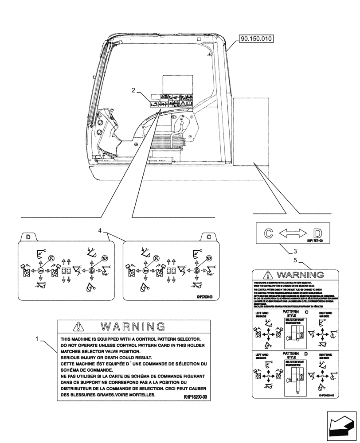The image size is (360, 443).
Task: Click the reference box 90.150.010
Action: [x=257, y=39]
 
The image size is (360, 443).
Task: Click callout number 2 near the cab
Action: [x=133, y=90]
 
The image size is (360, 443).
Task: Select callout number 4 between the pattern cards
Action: [x=100, y=230]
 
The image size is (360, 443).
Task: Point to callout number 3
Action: [x=284, y=251]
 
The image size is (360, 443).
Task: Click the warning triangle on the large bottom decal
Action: [x=78, y=327]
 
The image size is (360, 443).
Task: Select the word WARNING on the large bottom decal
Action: [x=133, y=327]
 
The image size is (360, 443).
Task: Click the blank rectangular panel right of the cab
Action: [x=250, y=132]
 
